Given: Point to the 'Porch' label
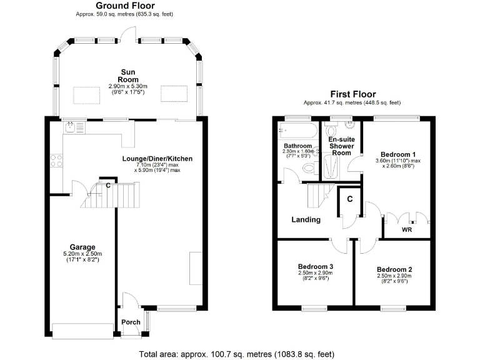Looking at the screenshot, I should pyautogui.click(x=131, y=322).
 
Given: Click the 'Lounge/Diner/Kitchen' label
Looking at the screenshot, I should pyautogui.click(x=157, y=159).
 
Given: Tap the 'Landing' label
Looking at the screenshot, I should pyautogui.click(x=306, y=219).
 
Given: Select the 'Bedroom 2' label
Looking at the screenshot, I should pyautogui.click(x=394, y=269).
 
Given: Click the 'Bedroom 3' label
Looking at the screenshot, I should pyautogui.click(x=316, y=267).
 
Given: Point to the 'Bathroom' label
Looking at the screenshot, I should pyautogui.click(x=297, y=146).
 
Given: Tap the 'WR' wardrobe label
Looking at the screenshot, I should pyautogui.click(x=406, y=230).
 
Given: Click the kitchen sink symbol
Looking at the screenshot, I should pyautogui.click(x=71, y=127).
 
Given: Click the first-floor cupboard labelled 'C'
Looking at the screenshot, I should pyautogui.click(x=349, y=199).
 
